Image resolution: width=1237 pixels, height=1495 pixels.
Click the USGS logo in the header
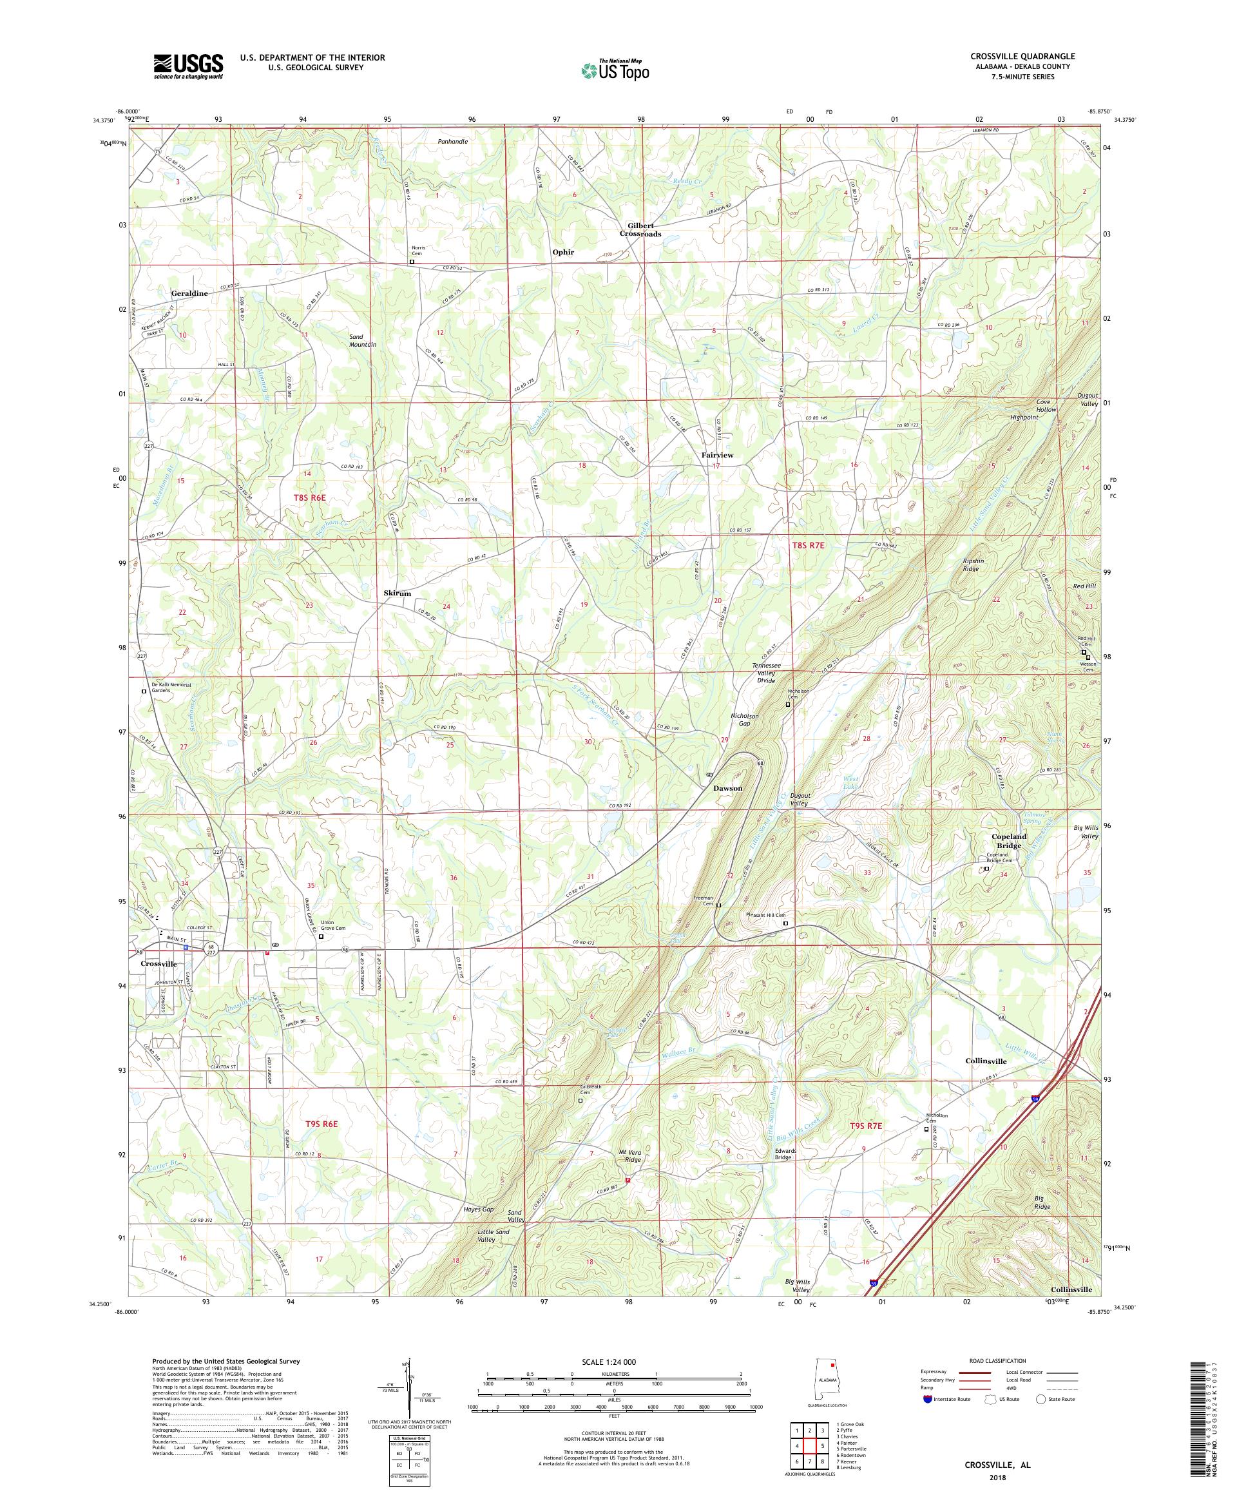click(188, 66)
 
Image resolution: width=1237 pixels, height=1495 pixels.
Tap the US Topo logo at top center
click(616, 70)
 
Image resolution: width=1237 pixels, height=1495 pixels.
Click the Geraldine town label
click(189, 293)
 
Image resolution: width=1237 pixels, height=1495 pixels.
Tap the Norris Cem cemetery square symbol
click(412, 262)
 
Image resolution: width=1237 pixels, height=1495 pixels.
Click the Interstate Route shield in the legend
click(926, 1399)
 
